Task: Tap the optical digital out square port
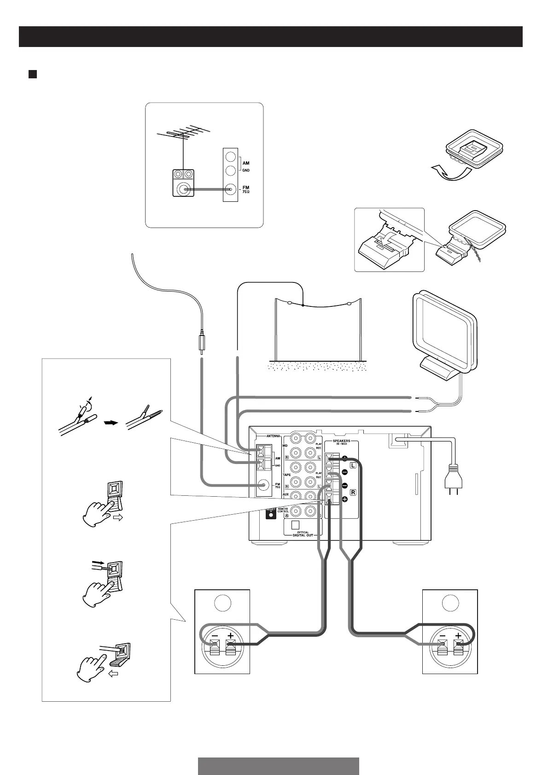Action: point(296,524)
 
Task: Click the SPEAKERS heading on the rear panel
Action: point(341,441)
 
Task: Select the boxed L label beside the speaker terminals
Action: point(353,466)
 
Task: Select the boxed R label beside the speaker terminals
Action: point(353,493)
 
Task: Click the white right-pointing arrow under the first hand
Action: point(118,518)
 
